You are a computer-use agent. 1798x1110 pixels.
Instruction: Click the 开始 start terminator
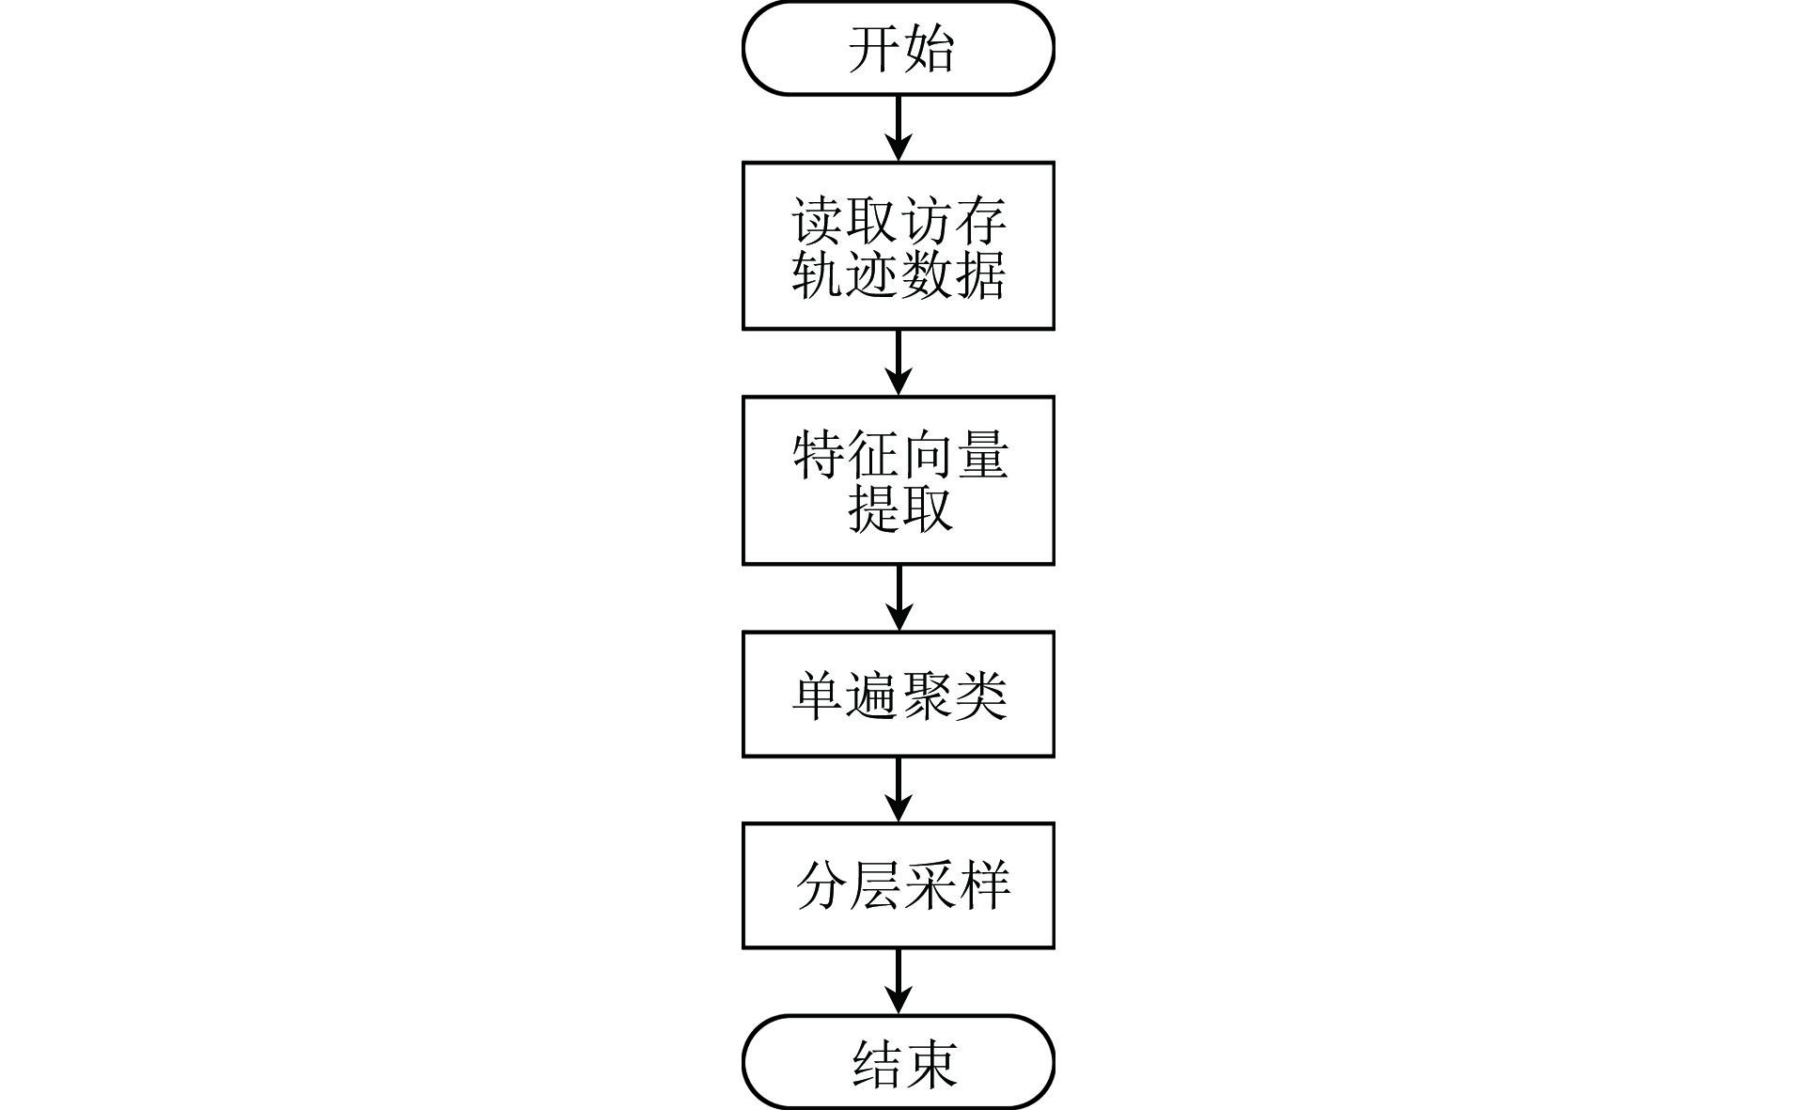coord(898,48)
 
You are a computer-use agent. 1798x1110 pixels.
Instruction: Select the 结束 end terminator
coord(898,1062)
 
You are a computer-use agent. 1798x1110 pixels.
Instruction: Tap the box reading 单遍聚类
coord(898,695)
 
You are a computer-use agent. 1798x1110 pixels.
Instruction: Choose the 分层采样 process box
coord(898,885)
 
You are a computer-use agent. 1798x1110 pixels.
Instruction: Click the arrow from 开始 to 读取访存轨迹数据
coord(899,129)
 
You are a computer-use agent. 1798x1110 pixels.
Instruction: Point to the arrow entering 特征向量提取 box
coord(899,363)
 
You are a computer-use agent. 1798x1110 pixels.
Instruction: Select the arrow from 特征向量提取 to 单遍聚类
coord(899,598)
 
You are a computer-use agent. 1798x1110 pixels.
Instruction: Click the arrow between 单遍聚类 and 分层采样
coord(899,790)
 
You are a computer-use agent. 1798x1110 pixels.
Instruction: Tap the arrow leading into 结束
coord(899,981)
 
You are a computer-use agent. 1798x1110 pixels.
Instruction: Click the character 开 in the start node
coord(874,49)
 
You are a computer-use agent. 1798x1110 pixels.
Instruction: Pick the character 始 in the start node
coord(929,49)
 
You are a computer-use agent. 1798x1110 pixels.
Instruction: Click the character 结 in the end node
coord(878,1064)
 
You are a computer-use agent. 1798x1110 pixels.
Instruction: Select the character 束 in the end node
coord(932,1064)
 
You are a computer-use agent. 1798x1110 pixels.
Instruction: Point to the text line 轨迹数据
coord(899,274)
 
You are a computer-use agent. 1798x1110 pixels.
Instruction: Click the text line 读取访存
coord(899,222)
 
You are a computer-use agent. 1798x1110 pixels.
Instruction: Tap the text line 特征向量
coord(900,456)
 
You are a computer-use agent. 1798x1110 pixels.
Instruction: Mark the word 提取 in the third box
coord(900,508)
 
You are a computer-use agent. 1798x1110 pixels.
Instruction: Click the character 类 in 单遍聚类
coord(981,696)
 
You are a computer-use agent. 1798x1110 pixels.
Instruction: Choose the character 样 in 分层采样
coord(985,885)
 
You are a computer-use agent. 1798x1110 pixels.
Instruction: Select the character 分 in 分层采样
coord(822,885)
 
